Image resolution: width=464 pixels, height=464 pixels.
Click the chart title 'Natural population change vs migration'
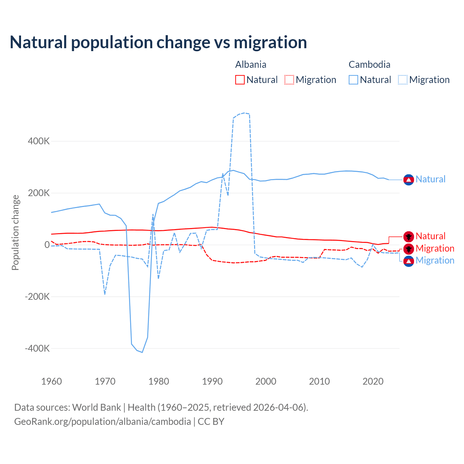point(158,42)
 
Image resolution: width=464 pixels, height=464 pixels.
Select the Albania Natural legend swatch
point(240,80)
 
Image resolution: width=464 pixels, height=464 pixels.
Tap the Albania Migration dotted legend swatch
point(289,80)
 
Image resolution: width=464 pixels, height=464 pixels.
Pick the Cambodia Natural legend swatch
point(353,80)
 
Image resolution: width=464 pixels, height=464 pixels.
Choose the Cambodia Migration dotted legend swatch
point(403,80)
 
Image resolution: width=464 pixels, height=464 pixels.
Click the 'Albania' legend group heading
point(251,65)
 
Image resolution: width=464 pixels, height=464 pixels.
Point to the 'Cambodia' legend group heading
point(369,65)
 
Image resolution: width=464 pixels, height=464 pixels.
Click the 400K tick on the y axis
point(39,141)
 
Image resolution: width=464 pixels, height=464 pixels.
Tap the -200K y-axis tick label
point(37,297)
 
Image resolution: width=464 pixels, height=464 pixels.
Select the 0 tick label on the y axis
point(47,245)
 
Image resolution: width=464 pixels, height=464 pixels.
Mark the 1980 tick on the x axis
point(159,381)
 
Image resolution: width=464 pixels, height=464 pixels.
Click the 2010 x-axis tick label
point(319,381)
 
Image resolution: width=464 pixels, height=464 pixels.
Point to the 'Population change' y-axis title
point(15,232)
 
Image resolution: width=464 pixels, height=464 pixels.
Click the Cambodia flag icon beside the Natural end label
point(409,179)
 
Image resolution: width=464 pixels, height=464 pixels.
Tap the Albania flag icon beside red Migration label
point(409,249)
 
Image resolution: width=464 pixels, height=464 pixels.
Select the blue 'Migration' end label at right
point(435,260)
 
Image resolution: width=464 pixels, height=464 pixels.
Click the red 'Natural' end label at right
point(430,236)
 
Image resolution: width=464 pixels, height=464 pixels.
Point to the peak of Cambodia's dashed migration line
point(245,113)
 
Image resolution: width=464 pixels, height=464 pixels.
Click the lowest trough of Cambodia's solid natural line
point(142,352)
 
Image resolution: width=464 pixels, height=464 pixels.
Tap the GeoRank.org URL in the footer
point(103,422)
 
